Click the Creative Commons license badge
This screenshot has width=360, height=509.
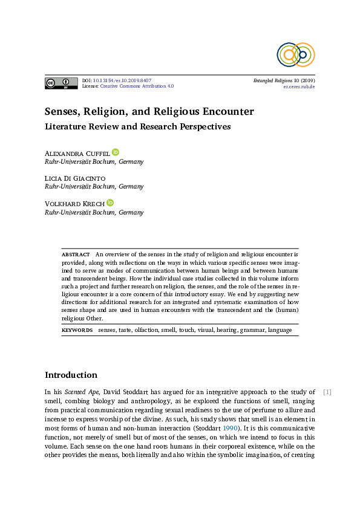[x=61, y=83]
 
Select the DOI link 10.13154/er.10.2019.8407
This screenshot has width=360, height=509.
[x=122, y=80]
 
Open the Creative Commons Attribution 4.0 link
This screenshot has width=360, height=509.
[x=137, y=86]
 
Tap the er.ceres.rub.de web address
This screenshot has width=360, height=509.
[x=299, y=86]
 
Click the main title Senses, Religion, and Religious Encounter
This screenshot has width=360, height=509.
[x=149, y=112]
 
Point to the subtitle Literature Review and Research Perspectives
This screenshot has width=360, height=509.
[x=138, y=127]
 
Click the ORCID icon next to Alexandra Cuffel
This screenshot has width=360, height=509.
[x=116, y=152]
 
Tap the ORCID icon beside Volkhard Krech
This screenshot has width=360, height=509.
[x=110, y=203]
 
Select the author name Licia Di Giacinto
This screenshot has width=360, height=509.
[x=76, y=178]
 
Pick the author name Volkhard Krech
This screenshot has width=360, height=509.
[x=74, y=204]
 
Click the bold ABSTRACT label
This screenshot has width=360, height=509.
[x=75, y=255]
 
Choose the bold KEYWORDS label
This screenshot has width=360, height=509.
[x=77, y=330]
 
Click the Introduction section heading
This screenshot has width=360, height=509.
[x=71, y=375]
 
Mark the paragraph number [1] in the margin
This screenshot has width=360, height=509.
[x=327, y=392]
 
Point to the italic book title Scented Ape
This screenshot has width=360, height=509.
[x=82, y=392]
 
